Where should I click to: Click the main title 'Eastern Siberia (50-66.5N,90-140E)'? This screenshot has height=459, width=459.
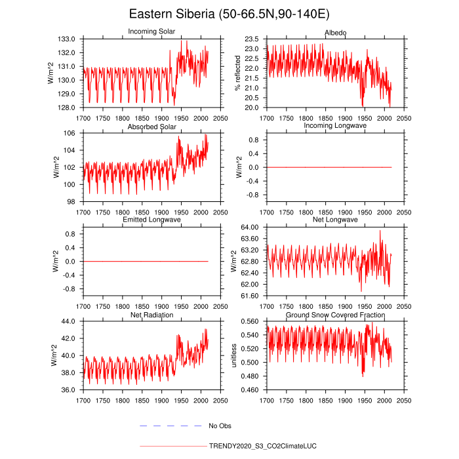[229, 14]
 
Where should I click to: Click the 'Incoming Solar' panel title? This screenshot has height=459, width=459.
[151, 32]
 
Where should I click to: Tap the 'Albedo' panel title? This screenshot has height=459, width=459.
[336, 33]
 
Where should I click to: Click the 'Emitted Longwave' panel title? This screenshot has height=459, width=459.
[151, 219]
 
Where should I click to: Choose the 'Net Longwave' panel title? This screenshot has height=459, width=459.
[336, 219]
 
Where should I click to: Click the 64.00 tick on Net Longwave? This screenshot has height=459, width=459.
[250, 227]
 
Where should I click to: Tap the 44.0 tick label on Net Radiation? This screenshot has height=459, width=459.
[69, 321]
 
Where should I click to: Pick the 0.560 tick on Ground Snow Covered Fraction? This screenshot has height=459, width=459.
[250, 321]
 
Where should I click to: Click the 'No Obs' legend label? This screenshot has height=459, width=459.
[220, 426]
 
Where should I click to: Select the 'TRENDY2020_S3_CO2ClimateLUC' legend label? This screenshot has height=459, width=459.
[262, 446]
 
